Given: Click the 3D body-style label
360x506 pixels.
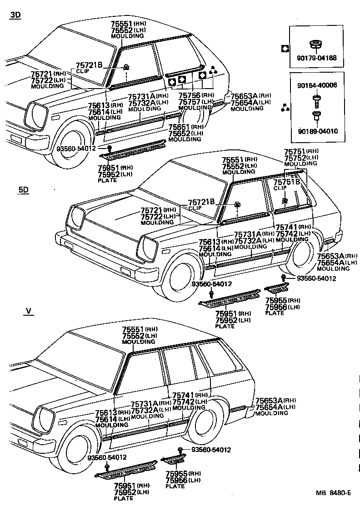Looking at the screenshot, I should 15,15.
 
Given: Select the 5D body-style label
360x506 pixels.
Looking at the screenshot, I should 23,190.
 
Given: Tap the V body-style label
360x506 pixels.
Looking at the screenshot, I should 28,311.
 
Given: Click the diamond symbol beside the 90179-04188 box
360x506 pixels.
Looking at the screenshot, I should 285,49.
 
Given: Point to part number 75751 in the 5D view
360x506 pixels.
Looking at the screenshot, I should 295,152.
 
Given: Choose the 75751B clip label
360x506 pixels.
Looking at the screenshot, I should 287,182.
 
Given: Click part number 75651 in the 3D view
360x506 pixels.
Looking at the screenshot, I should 179,127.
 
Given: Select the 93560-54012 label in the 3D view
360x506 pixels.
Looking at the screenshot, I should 76,149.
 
